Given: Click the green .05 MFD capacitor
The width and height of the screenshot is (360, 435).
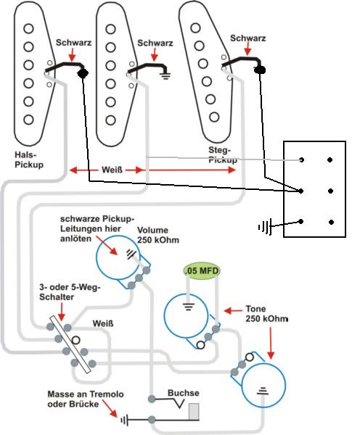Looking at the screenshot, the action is click(x=202, y=270).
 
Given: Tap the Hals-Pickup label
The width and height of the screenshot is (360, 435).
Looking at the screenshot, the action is click(x=29, y=159).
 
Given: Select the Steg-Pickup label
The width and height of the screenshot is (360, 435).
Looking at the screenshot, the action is click(x=223, y=155).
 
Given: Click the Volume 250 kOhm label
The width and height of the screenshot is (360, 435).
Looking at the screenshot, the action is click(x=158, y=235).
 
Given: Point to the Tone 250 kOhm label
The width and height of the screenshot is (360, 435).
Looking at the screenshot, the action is click(x=266, y=314).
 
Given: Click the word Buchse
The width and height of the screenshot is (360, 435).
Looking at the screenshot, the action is click(x=184, y=393).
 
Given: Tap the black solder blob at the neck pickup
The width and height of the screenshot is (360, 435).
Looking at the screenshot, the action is click(x=83, y=73).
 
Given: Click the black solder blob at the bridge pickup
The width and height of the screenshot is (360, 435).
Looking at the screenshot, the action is click(x=260, y=70).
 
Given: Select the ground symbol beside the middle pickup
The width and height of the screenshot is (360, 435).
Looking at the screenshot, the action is click(x=165, y=75).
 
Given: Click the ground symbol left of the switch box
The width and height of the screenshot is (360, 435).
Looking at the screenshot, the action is click(x=265, y=227).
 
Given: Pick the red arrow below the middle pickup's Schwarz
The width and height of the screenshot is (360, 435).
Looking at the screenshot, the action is click(x=155, y=55).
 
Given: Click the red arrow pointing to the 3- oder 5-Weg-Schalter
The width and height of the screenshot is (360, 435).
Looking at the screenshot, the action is click(x=62, y=312).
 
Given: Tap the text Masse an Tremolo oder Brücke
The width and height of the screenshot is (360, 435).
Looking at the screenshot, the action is click(x=86, y=399).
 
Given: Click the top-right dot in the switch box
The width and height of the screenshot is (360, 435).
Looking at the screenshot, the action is click(x=330, y=159).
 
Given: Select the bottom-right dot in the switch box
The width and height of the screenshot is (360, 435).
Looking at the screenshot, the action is click(x=331, y=222).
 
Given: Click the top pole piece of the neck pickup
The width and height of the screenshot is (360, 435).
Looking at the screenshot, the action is click(x=28, y=28).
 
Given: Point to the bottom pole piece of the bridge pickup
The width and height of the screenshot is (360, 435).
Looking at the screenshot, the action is click(x=214, y=117).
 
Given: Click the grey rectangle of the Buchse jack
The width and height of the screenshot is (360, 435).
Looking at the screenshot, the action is click(x=194, y=412).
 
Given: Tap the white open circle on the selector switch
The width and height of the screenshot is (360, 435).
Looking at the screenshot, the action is click(x=75, y=340).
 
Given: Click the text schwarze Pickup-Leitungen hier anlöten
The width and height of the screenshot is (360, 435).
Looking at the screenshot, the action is click(x=95, y=228).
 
